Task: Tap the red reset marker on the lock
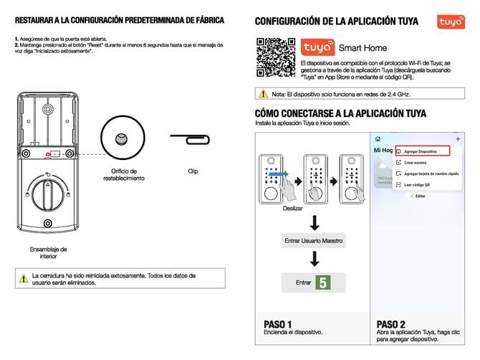pyautogui.click(x=47, y=154)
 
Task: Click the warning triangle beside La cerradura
pyautogui.click(x=23, y=276)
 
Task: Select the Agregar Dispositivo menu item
pyautogui.click(x=421, y=151)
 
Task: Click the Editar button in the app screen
pyautogui.click(x=418, y=196)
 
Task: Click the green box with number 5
pyautogui.click(x=324, y=283)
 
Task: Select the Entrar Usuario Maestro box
pyautogui.click(x=314, y=240)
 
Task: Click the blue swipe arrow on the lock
pyautogui.click(x=281, y=174)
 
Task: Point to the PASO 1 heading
pyautogui.click(x=278, y=323)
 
